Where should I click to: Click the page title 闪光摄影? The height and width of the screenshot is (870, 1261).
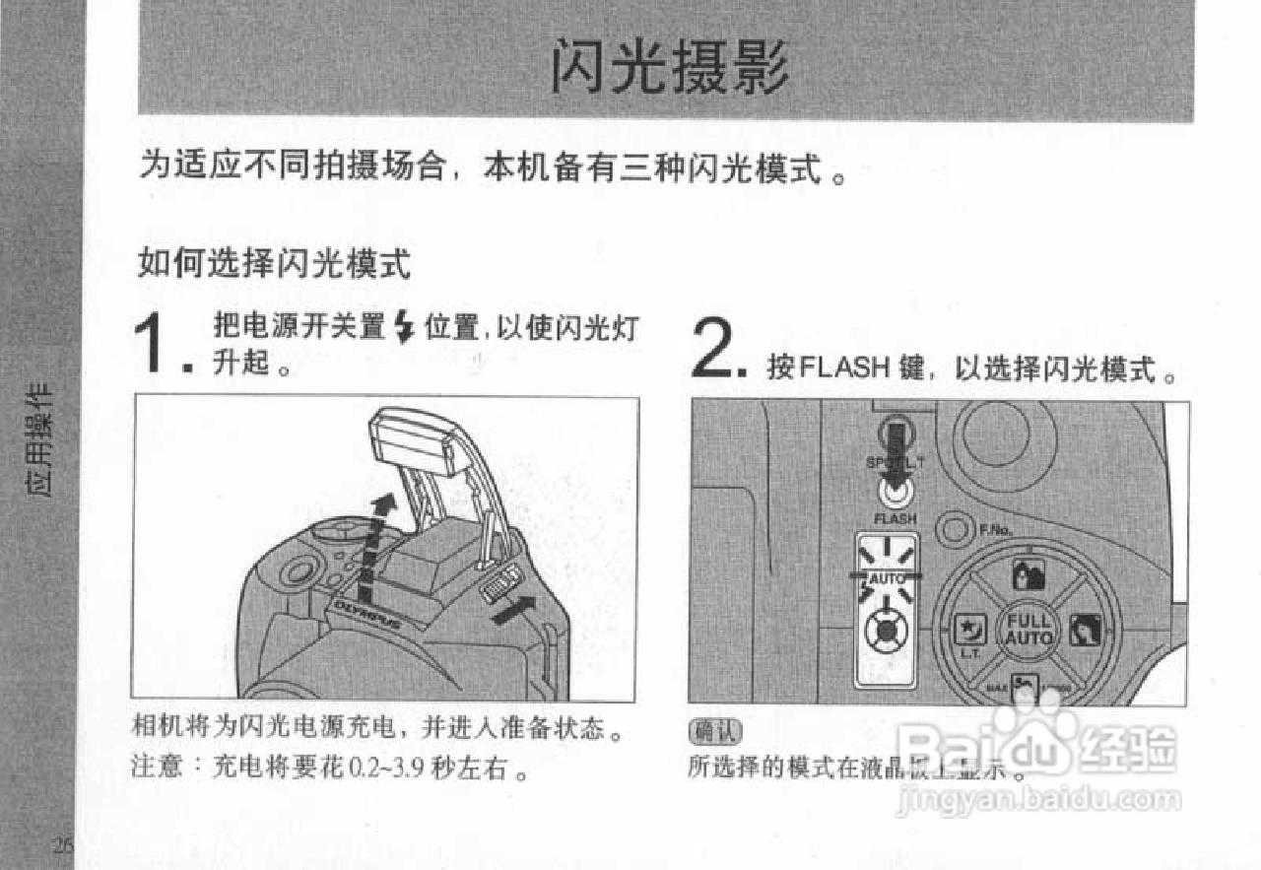click(670, 68)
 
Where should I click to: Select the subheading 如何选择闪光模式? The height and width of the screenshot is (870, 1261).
click(273, 264)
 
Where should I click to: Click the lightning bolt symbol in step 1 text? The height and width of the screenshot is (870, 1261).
click(402, 327)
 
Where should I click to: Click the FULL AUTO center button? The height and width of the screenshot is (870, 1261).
click(1029, 630)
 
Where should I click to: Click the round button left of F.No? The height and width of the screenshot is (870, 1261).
click(954, 529)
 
